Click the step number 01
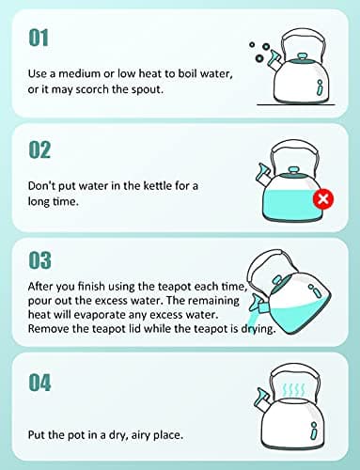click(39, 38)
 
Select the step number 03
click(40, 258)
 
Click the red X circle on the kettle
click(323, 199)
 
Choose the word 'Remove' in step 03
click(50, 329)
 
